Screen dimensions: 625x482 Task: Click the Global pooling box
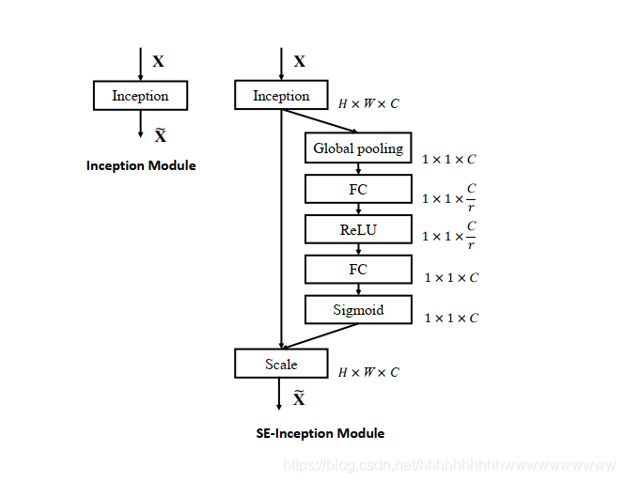click(x=358, y=148)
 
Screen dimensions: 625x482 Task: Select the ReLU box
click(x=358, y=229)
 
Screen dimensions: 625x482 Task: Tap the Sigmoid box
click(x=358, y=309)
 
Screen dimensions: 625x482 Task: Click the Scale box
click(x=281, y=364)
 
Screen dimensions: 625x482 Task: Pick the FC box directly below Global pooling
click(x=358, y=189)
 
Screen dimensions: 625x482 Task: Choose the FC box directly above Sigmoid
click(x=358, y=270)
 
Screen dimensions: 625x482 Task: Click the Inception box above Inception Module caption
click(x=140, y=96)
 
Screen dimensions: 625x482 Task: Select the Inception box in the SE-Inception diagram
click(x=281, y=95)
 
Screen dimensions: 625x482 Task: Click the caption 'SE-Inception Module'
click(x=320, y=433)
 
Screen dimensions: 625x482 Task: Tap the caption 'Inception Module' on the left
click(x=141, y=165)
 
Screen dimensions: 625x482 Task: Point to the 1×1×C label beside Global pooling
click(x=449, y=160)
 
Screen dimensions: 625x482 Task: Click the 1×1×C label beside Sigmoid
click(x=451, y=318)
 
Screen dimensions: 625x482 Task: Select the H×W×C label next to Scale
click(x=368, y=372)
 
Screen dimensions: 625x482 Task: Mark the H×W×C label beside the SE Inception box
click(x=368, y=103)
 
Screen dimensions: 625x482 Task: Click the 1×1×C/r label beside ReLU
click(x=449, y=236)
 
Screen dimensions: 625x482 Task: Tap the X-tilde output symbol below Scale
click(x=299, y=398)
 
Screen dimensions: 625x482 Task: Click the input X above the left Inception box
click(x=158, y=61)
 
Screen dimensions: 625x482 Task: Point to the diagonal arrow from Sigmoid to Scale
click(x=320, y=336)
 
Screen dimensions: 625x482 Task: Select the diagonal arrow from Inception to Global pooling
click(x=320, y=120)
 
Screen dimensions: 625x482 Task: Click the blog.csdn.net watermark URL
click(x=449, y=465)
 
